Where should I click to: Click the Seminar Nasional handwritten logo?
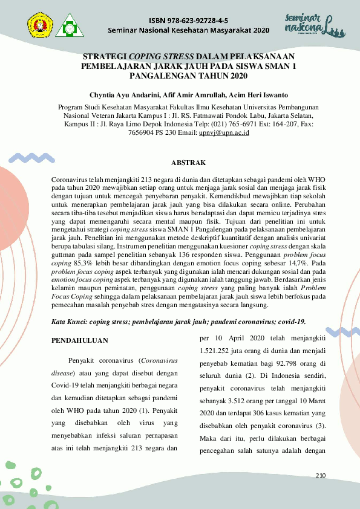(x=309, y=24)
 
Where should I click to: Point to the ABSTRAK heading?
(x=189, y=163)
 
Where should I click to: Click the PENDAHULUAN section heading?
(x=76, y=340)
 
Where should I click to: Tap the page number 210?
(x=321, y=476)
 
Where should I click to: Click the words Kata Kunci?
(x=68, y=322)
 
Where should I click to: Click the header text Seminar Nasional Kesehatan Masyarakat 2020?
(x=188, y=30)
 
